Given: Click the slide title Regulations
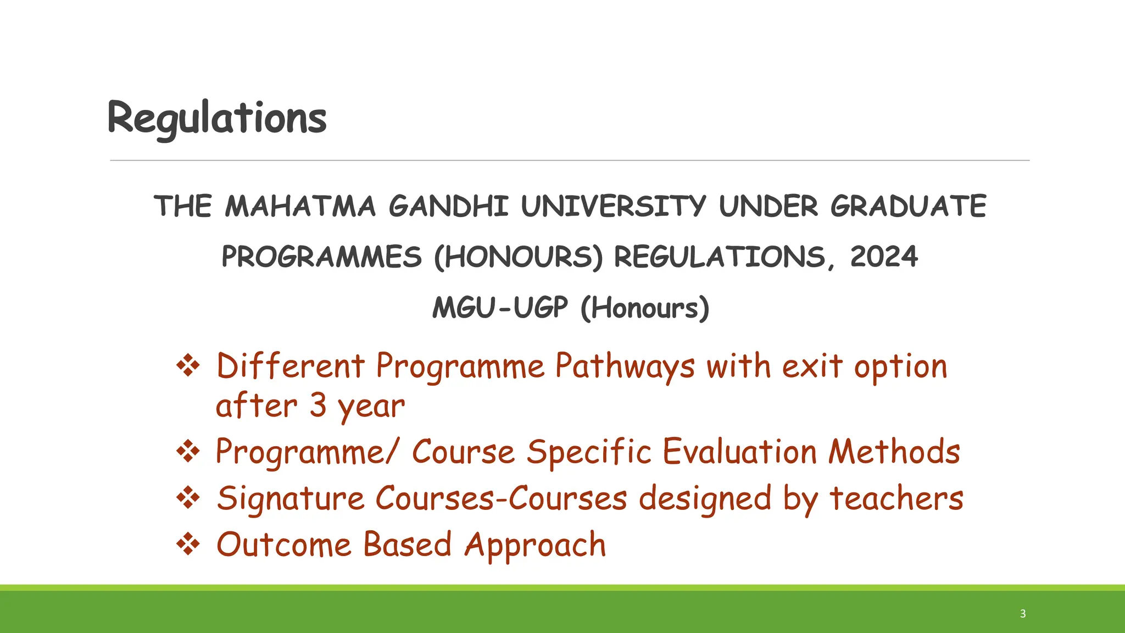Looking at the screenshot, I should pos(217,118).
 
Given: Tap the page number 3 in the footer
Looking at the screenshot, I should pos(1023,614).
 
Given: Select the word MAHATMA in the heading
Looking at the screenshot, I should pos(300,207).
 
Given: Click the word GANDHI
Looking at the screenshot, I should pos(448,207).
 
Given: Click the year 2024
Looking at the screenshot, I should pos(884,257).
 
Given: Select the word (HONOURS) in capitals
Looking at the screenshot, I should pos(518,257).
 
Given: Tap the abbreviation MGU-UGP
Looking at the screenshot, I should pos(500,308).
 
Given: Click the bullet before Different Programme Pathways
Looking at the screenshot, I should pos(188,366).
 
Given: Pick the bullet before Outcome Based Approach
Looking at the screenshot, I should pos(188,545).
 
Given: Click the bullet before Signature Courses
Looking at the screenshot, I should pos(188,498).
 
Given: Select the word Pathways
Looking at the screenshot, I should pos(625,367).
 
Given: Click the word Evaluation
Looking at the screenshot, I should pos(739,452).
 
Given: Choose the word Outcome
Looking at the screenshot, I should pos(283,545).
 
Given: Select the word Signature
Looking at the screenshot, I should pos(291,499).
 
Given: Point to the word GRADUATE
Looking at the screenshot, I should pos(908,207).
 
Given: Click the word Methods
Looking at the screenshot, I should pos(894,452).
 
